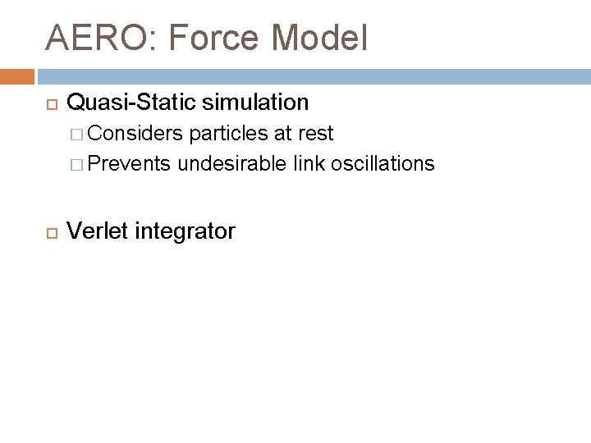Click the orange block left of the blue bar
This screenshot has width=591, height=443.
click(x=16, y=76)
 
